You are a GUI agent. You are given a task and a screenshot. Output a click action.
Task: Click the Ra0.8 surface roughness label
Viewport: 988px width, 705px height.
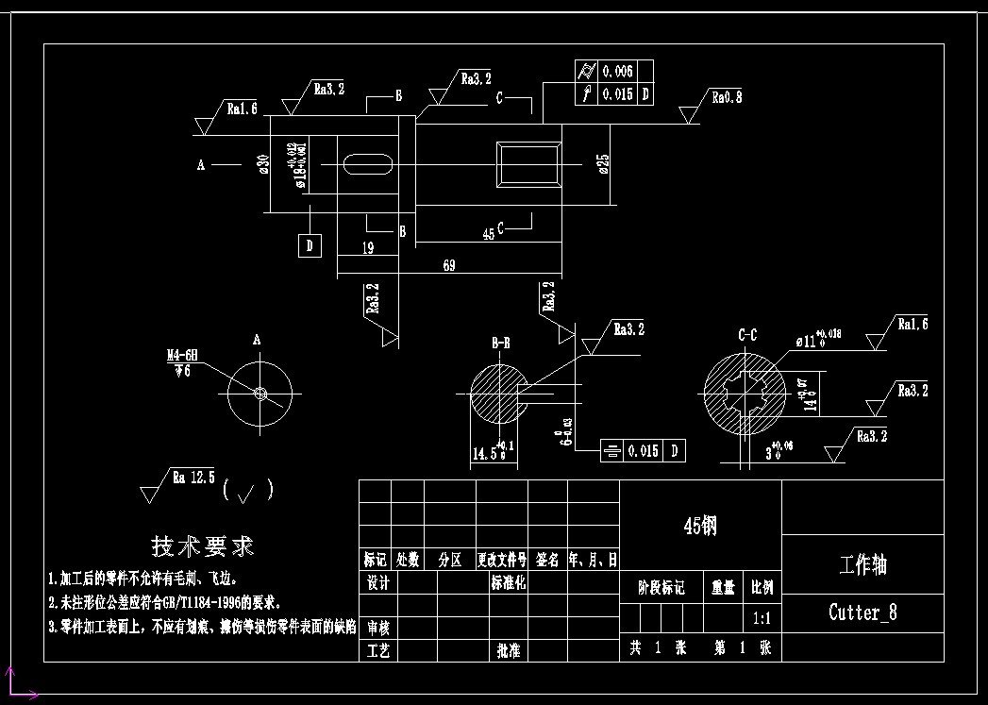727,97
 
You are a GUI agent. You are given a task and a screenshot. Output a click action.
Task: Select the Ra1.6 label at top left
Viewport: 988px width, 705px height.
242,109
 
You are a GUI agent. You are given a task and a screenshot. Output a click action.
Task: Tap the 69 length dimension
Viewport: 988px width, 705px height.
448,266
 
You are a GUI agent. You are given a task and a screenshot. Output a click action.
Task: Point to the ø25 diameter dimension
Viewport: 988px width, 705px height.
603,164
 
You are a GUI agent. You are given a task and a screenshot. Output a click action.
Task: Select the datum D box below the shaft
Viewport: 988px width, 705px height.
310,246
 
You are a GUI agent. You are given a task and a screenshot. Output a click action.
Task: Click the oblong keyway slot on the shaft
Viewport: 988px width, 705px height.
368,164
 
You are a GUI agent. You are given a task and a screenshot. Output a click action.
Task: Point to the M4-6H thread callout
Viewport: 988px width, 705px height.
182,356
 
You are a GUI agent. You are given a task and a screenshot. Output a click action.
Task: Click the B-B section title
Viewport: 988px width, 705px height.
500,343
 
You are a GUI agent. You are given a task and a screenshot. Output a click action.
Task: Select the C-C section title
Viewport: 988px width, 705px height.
746,334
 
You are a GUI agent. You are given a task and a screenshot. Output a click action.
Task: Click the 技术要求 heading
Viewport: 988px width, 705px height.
203,546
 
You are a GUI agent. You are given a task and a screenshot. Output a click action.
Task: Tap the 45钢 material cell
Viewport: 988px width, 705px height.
699,526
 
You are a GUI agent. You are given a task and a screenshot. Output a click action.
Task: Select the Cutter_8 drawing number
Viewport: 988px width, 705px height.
862,613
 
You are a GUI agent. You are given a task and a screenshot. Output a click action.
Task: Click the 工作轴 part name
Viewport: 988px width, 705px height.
862,565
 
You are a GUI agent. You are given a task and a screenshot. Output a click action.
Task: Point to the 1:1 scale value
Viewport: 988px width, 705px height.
762,619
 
